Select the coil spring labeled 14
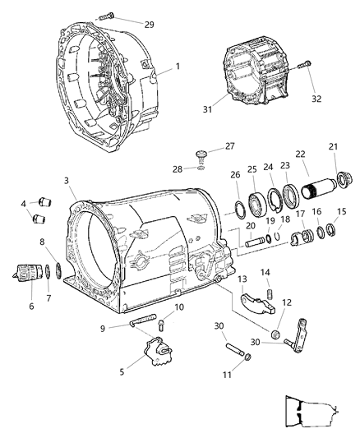point(267,294)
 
